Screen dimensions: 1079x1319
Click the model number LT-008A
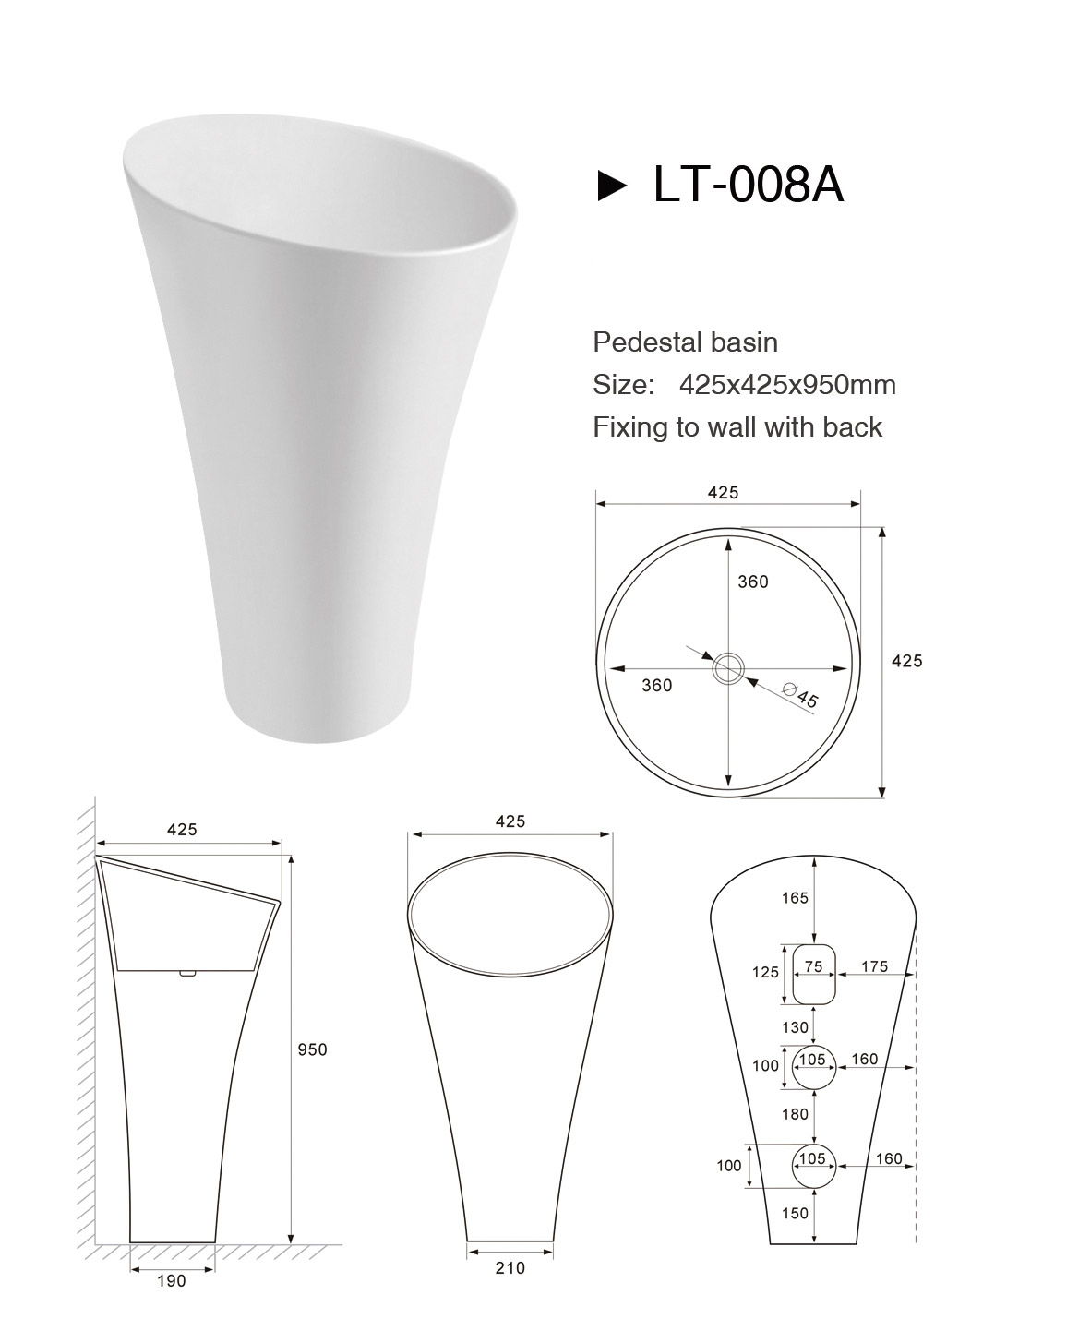pyautogui.click(x=749, y=185)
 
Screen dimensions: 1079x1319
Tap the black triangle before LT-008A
pyautogui.click(x=612, y=186)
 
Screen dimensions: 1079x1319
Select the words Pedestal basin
pyautogui.click(x=685, y=342)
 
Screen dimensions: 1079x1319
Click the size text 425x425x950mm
pyautogui.click(x=787, y=385)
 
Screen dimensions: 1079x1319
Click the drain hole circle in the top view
pyautogui.click(x=728, y=668)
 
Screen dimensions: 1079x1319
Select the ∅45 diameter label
pyautogui.click(x=800, y=694)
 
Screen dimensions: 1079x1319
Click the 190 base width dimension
pyautogui.click(x=172, y=1281)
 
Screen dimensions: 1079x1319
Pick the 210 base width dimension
pyautogui.click(x=510, y=1267)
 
